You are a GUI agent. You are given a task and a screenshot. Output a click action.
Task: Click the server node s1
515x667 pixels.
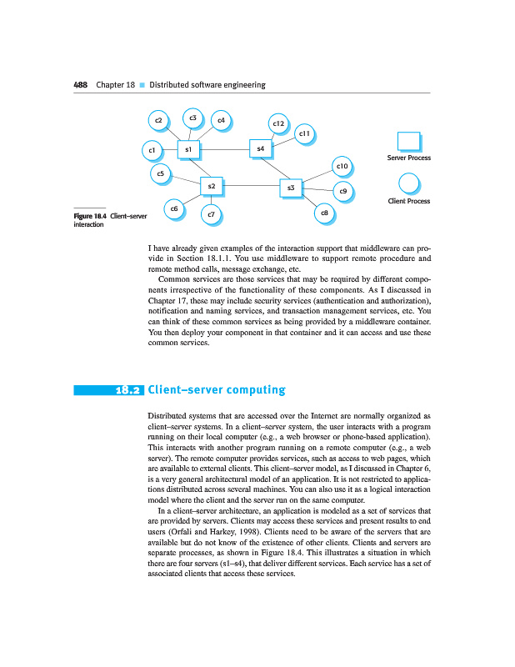(x=189, y=149)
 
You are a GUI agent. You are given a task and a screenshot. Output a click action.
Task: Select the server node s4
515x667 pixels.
(x=261, y=149)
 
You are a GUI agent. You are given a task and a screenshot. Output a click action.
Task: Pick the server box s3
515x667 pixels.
(x=290, y=188)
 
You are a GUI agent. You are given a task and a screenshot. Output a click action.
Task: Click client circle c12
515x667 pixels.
(x=279, y=123)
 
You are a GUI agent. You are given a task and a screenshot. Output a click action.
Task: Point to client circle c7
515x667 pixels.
(x=212, y=215)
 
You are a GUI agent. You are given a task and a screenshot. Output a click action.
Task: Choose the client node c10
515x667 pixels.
(x=342, y=166)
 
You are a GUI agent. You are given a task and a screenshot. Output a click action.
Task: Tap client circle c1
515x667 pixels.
(x=151, y=151)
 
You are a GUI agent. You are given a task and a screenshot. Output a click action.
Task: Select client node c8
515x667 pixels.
(x=324, y=214)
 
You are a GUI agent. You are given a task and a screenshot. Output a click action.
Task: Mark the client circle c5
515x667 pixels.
(x=160, y=173)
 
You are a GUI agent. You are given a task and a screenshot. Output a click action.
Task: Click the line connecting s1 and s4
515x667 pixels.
(x=225, y=149)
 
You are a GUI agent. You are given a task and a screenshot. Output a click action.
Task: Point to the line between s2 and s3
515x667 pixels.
(x=251, y=185)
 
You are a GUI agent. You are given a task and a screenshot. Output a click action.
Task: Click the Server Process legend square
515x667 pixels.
(x=408, y=142)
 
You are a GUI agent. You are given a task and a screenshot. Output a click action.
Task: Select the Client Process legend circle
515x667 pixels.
(x=408, y=184)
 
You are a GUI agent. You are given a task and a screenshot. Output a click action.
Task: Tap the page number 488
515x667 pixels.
(x=81, y=85)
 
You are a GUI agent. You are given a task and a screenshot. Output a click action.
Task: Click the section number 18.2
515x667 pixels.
(x=130, y=389)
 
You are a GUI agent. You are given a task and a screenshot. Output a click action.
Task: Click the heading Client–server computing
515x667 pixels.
(x=216, y=389)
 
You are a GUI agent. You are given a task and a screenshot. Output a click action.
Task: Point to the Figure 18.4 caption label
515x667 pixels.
(x=91, y=218)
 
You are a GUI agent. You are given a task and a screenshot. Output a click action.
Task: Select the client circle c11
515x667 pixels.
(x=305, y=133)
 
